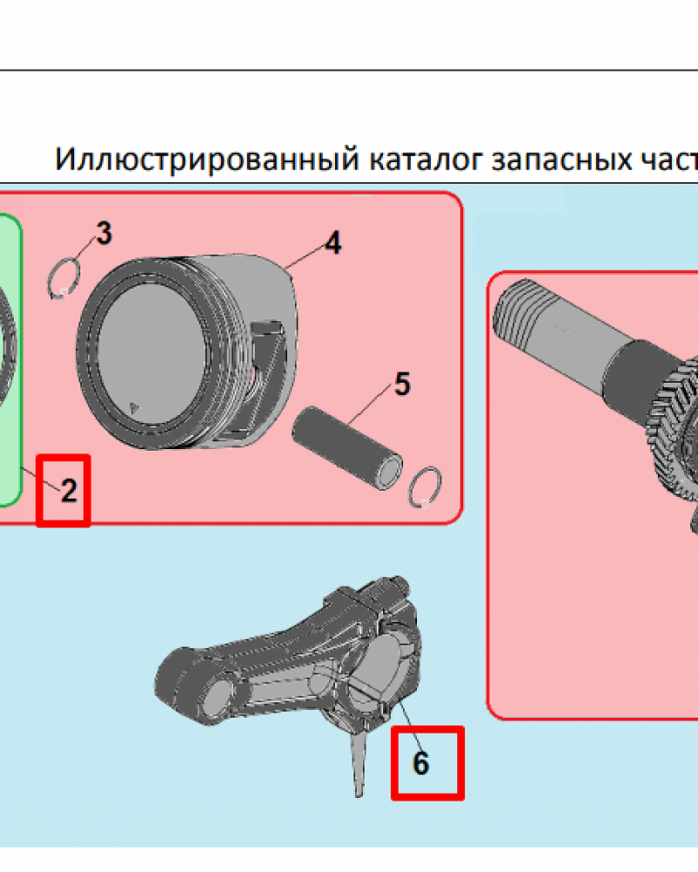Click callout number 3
[103, 234]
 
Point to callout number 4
[332, 243]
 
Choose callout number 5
[401, 384]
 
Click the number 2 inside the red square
[68, 491]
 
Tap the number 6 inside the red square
[421, 764]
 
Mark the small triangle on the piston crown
[133, 405]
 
